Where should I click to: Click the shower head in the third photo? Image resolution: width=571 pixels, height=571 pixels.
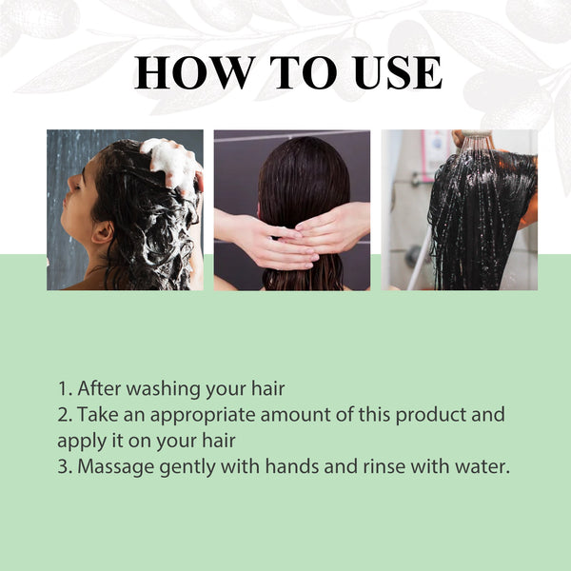click(x=476, y=140)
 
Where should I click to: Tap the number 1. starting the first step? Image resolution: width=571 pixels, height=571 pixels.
click(x=65, y=388)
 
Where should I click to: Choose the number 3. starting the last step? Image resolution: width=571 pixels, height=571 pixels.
click(x=65, y=467)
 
